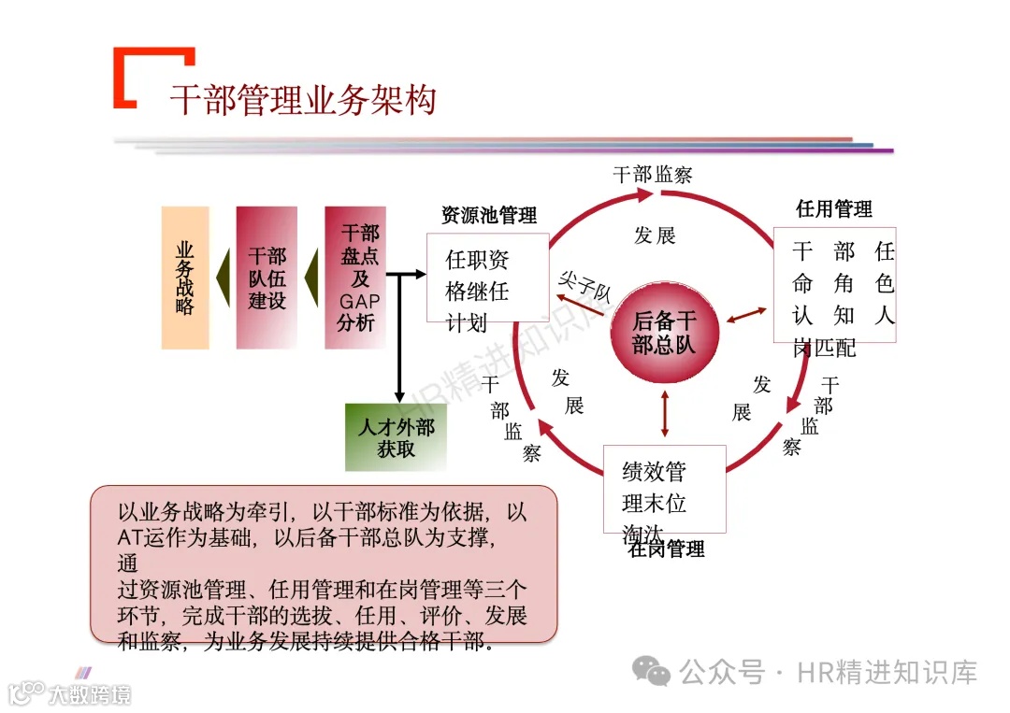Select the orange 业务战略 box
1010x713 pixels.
tap(185, 278)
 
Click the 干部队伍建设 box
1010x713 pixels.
tap(267, 278)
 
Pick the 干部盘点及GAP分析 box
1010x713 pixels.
tap(355, 278)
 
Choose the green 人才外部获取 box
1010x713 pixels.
tap(396, 437)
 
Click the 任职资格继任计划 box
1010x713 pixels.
tap(486, 291)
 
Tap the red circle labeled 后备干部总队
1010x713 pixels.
tap(664, 332)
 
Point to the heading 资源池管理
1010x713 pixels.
tap(489, 216)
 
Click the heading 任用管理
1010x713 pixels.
tap(833, 208)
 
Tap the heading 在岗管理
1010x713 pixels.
tap(666, 549)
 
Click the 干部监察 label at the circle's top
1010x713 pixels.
tap(652, 174)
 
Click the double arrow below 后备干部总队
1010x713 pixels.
tap(665, 413)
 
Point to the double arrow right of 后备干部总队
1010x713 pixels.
tap(746, 317)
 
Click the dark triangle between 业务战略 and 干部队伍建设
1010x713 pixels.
tap(223, 278)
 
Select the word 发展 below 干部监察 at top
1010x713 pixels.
tap(655, 235)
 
